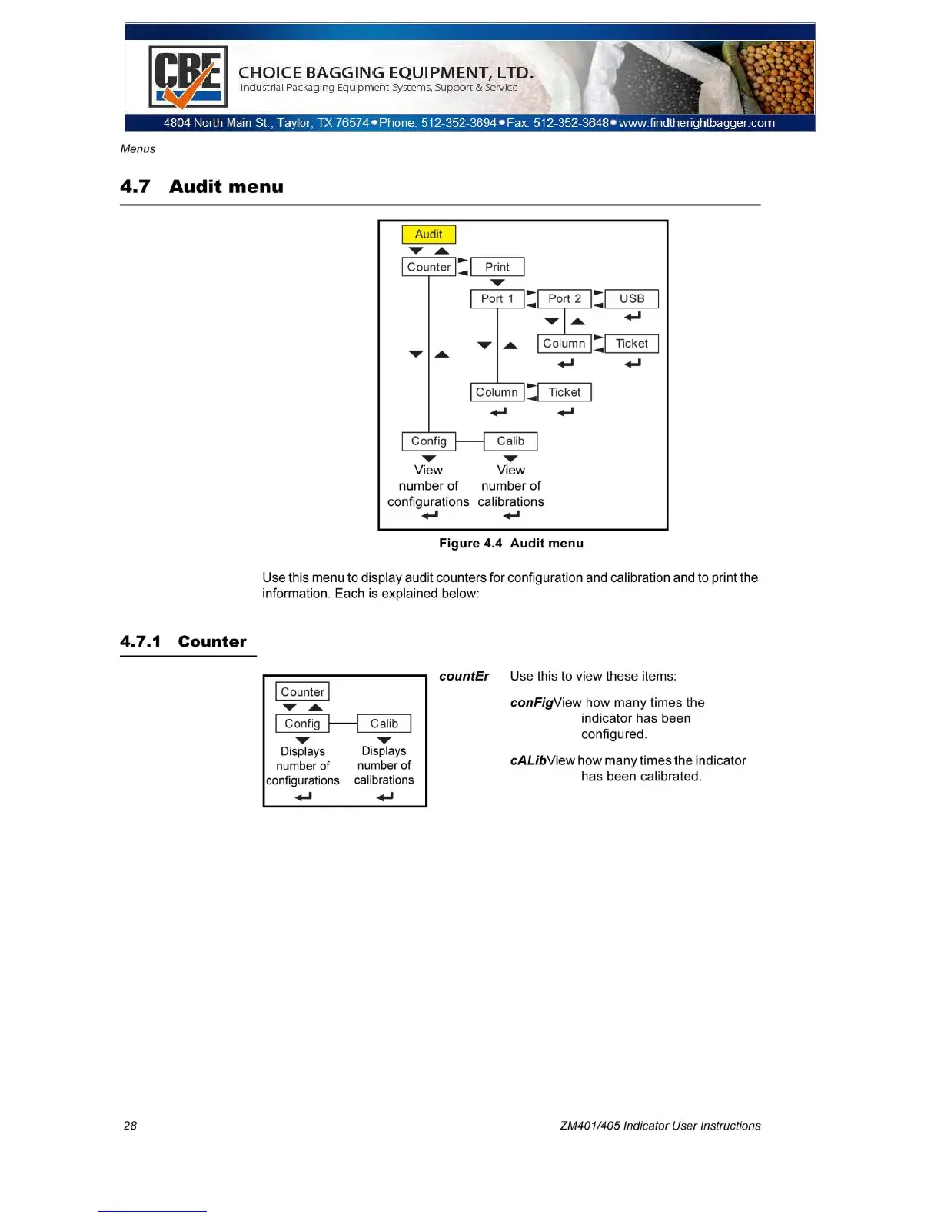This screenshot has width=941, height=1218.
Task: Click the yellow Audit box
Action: point(428,235)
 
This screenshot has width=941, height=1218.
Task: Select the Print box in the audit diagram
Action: point(497,267)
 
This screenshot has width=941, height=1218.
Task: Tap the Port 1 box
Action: point(497,298)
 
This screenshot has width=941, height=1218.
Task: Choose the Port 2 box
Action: point(564,298)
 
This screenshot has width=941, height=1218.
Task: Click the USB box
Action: point(631,298)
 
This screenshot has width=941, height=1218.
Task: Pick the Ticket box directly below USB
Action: point(631,344)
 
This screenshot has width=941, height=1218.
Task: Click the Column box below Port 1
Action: point(497,392)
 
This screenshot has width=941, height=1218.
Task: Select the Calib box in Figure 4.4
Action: point(510,441)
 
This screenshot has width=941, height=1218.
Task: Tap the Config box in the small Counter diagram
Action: point(302,724)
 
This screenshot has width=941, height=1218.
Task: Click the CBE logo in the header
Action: point(188,77)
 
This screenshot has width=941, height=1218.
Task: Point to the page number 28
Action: point(130,1126)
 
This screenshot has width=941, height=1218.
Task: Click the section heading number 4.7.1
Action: point(140,642)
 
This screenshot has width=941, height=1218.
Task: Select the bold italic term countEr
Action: point(464,677)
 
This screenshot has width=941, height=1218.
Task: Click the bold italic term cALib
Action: point(528,760)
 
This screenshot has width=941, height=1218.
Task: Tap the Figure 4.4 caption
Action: point(510,544)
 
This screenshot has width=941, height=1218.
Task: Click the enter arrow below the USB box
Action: point(632,317)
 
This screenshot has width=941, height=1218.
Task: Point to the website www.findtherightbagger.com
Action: point(697,123)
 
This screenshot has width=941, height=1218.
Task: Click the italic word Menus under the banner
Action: point(138,149)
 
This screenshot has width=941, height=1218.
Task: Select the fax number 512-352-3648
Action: point(570,123)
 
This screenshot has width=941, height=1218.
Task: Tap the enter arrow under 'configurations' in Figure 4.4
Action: point(429,515)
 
